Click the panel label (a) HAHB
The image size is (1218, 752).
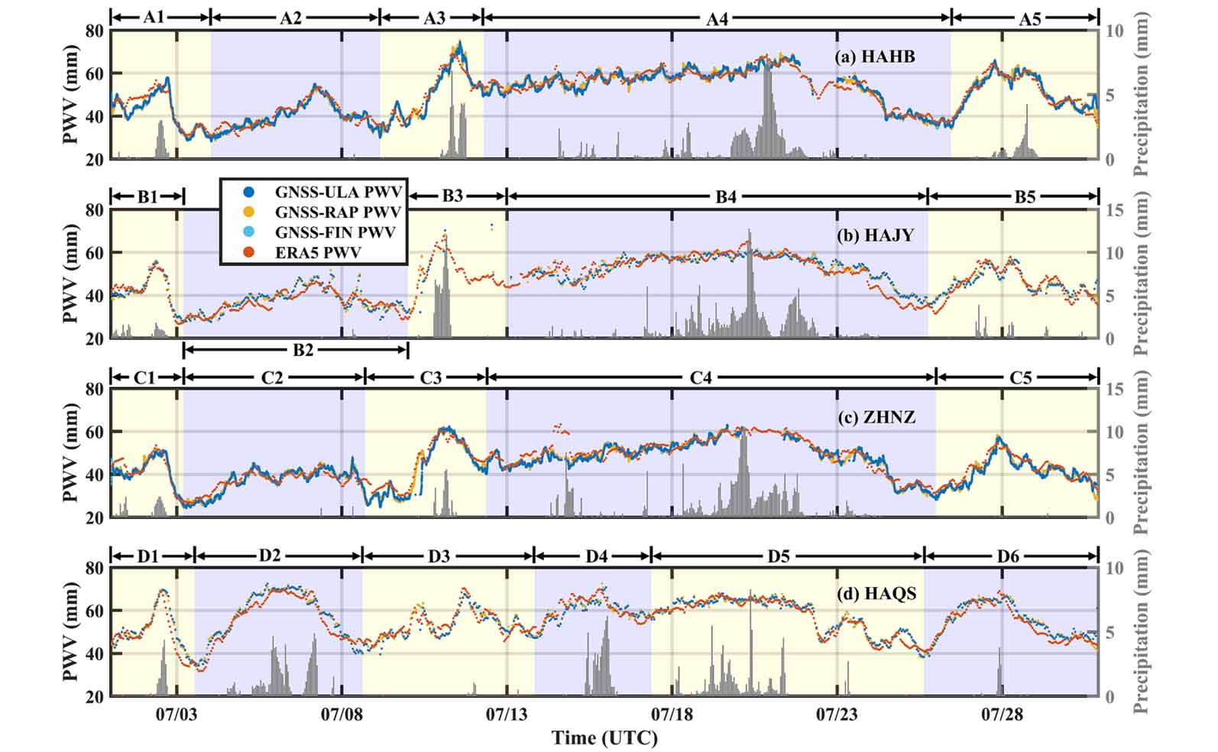pos(874,57)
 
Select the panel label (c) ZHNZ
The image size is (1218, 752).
pos(876,417)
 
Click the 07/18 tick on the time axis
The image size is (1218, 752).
pos(672,715)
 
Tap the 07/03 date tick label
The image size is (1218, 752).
pos(177,715)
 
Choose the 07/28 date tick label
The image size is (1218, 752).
pos(1002,715)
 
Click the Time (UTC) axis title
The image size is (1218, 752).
pos(604,738)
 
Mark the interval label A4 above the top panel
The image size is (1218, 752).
pos(717,18)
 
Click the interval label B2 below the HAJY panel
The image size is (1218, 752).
pos(303,350)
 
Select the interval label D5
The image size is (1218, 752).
pos(778,556)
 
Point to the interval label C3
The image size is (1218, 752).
pos(431,378)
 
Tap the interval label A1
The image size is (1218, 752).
pos(154,16)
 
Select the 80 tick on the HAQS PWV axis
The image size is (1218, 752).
pos(95,568)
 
